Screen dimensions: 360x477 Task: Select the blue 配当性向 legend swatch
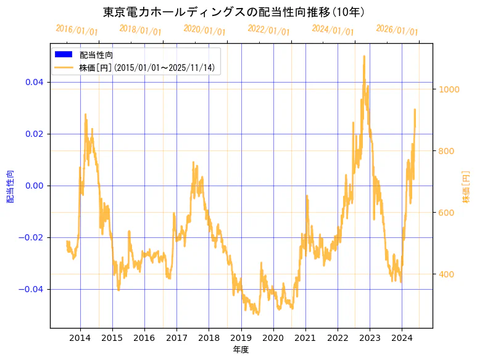tap(64, 55)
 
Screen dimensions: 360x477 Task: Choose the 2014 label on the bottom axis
tap(80, 338)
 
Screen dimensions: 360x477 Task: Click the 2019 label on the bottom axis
tap(241, 338)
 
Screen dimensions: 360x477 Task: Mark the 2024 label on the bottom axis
tap(402, 338)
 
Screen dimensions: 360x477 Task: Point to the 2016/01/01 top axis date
tap(77, 30)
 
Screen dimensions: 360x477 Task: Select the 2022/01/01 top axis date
tap(268, 30)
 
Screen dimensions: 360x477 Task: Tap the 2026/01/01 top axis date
tap(397, 30)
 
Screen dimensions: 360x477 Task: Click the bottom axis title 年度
tap(241, 350)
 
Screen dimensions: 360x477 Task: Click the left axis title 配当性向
tap(10, 186)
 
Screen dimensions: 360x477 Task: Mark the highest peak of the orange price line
tap(364, 56)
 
